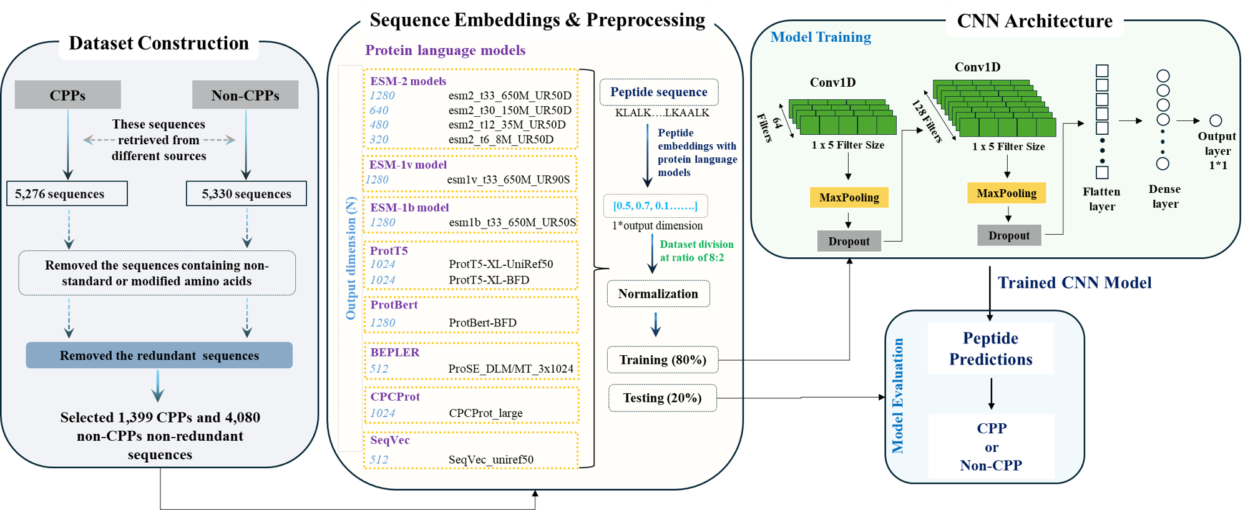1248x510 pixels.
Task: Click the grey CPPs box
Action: [67, 95]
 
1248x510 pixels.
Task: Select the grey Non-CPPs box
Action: [245, 95]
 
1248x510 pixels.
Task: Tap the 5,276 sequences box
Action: [66, 193]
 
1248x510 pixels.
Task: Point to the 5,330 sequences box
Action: [246, 193]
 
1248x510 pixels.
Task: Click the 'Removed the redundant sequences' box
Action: [159, 355]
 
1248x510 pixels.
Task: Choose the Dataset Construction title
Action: [158, 42]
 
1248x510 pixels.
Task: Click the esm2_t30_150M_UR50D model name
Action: [509, 110]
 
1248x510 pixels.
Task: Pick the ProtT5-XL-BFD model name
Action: [489, 280]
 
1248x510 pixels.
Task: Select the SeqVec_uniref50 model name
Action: [491, 460]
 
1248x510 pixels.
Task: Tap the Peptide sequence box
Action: [659, 92]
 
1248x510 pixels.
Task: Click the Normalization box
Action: [658, 294]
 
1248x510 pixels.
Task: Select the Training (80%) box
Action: [663, 360]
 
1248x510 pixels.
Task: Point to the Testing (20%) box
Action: [662, 398]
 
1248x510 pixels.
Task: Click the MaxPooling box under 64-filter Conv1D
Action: [849, 197]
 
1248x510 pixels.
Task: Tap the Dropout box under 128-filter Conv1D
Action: [1009, 235]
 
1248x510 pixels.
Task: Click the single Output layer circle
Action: [1216, 120]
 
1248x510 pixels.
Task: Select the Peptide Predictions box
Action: [991, 348]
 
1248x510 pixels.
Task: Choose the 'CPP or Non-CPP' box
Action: [991, 446]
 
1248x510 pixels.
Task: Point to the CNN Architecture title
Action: [1035, 21]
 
